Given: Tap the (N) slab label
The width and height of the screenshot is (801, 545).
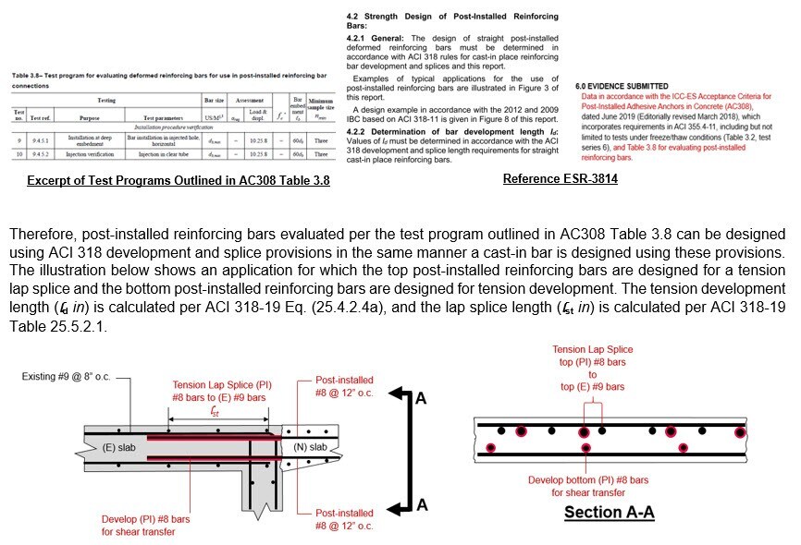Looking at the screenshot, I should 310,448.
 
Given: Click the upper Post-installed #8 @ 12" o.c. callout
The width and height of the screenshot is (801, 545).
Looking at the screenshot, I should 344,385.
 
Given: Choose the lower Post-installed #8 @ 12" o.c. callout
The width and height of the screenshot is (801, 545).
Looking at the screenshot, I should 344,519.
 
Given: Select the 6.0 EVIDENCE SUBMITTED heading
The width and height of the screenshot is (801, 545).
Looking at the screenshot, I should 635,86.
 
